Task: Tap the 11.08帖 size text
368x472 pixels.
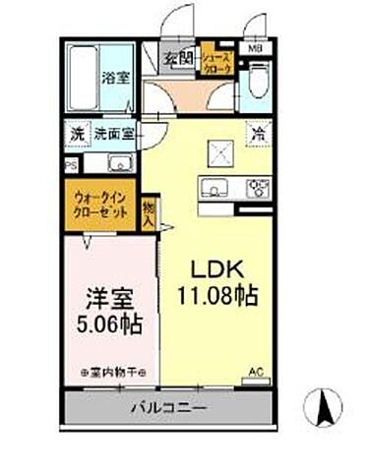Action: coord(217,295)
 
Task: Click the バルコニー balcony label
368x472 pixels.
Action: coord(164,407)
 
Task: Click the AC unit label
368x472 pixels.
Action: coord(256,372)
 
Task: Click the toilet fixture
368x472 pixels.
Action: coord(259,81)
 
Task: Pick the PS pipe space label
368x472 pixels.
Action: coord(69,165)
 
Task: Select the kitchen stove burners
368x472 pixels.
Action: coord(258,185)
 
